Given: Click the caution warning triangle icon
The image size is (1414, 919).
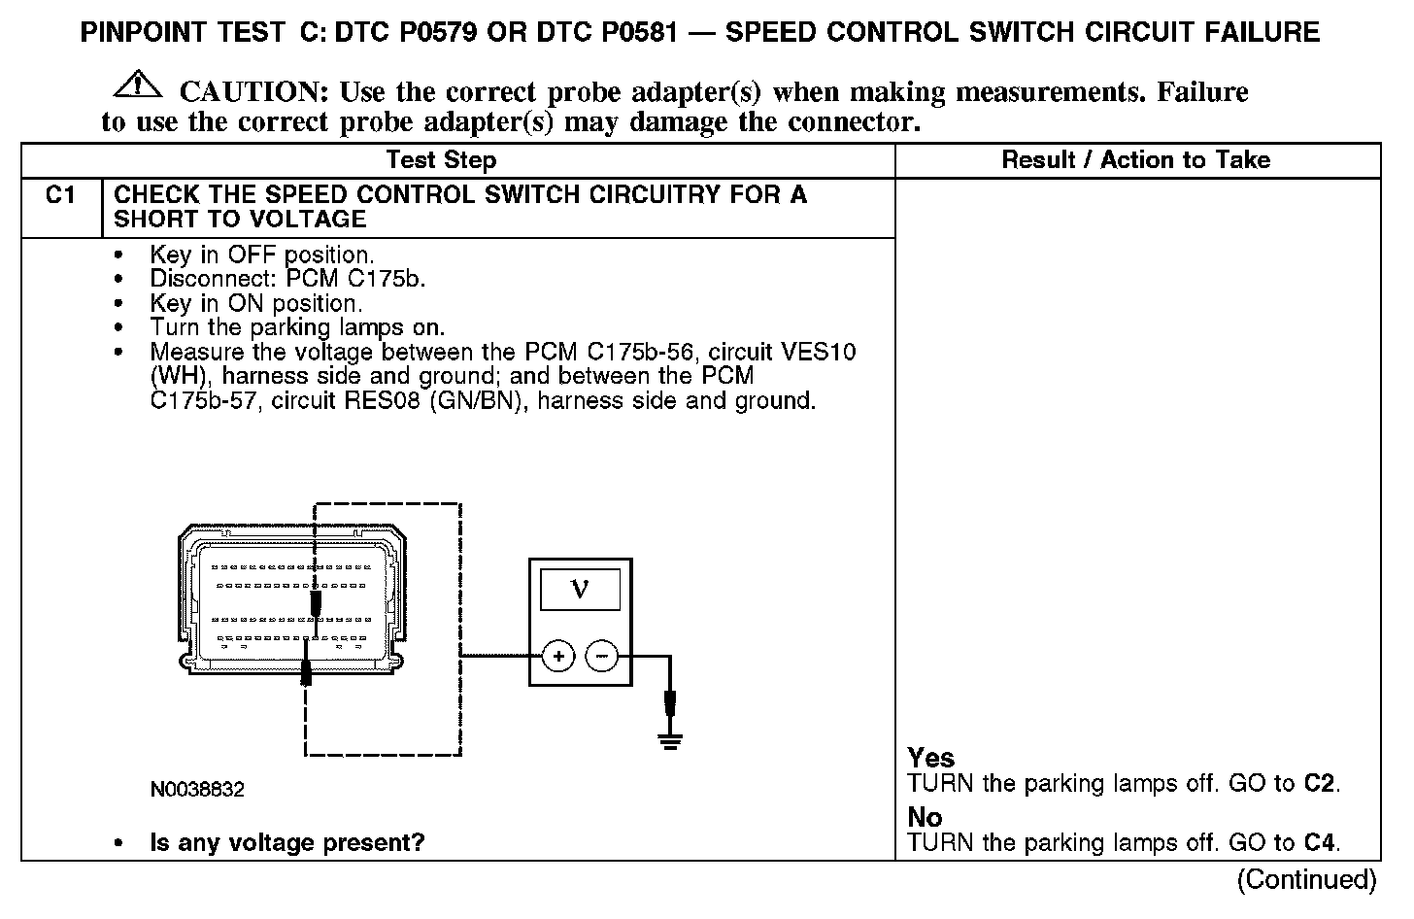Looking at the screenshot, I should (x=139, y=85).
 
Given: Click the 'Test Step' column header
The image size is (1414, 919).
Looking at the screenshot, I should (x=441, y=160).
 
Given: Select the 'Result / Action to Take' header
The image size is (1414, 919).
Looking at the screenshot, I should (x=1135, y=160).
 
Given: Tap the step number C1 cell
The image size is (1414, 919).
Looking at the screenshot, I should (x=60, y=196).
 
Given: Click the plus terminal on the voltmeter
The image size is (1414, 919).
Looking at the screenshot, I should (x=557, y=658).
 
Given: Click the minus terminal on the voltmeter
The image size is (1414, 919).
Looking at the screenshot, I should (x=602, y=658).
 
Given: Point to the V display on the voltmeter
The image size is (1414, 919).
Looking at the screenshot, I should (x=580, y=588).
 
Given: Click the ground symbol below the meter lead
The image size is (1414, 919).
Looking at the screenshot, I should (x=669, y=740).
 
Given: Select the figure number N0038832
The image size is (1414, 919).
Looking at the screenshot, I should (x=197, y=790).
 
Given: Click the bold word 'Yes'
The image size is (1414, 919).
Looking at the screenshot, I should (x=930, y=758).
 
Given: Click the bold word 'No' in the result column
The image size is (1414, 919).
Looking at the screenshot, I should (x=925, y=817).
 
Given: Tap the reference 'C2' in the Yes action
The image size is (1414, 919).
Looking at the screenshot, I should (x=1320, y=784).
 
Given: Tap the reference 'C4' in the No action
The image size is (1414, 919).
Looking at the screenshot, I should (x=1320, y=843).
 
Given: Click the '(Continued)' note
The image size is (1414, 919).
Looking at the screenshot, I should (x=1306, y=880).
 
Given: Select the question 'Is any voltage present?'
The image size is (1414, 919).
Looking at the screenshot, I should (x=287, y=843).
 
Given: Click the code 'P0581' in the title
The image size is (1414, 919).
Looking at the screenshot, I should (x=633, y=33).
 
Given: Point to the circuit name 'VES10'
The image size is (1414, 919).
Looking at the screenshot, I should (x=820, y=352).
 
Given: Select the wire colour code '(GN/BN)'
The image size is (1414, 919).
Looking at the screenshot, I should (x=479, y=400).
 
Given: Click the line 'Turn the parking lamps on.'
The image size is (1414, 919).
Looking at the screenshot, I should (x=297, y=327).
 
